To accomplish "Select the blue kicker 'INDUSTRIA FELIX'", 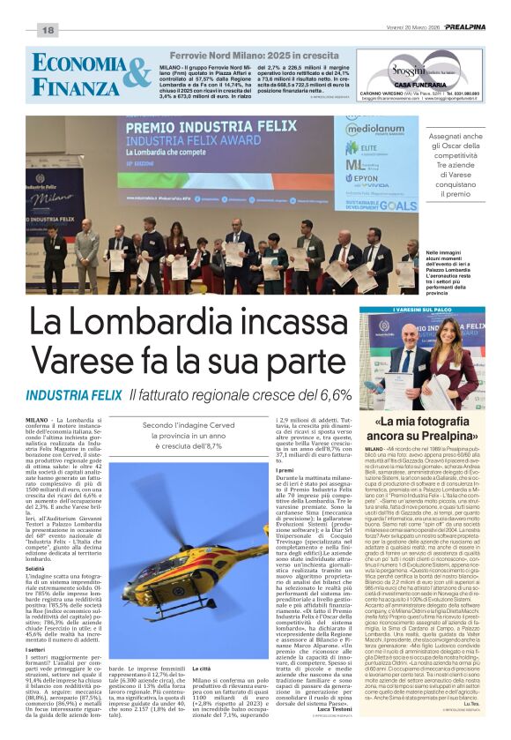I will coord(73,395).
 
